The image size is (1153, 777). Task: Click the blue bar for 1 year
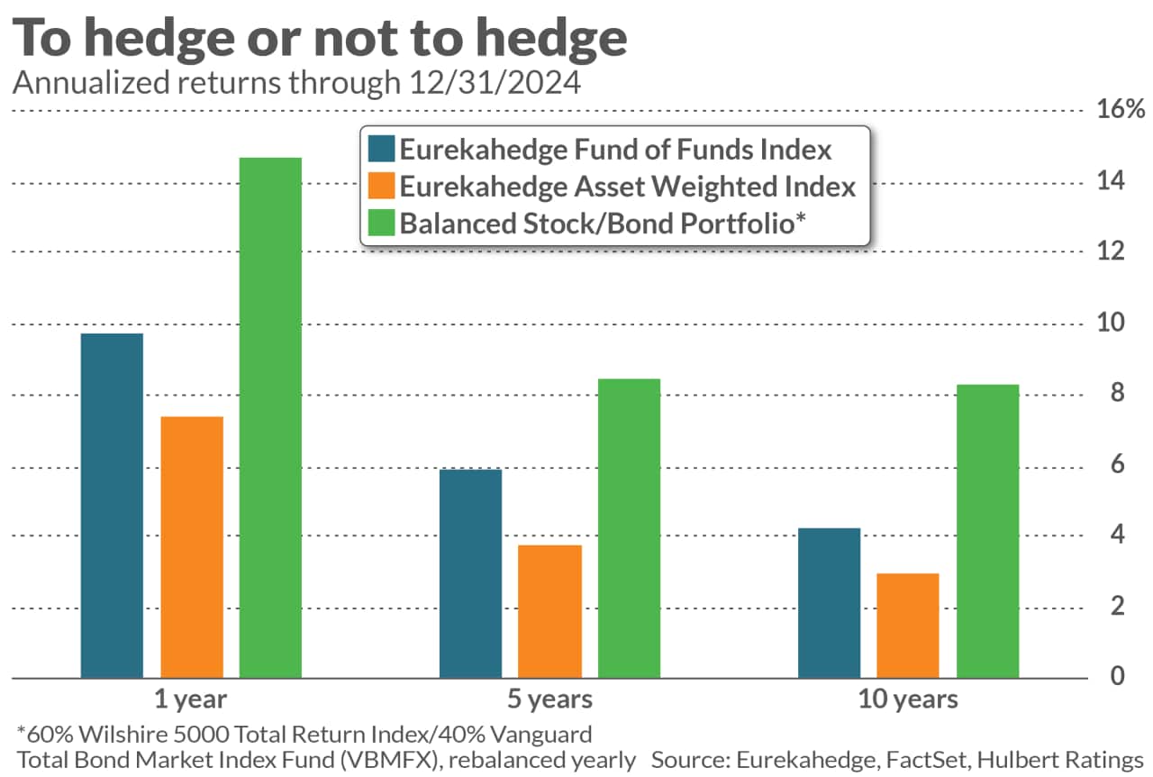click(112, 506)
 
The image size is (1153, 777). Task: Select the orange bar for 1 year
click(192, 547)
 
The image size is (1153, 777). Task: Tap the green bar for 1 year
click(271, 417)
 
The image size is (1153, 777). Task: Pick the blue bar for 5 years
click(470, 573)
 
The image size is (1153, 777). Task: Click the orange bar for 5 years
click(550, 611)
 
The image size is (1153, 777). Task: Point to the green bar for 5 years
click(629, 528)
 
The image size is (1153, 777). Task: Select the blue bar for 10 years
click(830, 602)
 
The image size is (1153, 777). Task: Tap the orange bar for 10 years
click(909, 626)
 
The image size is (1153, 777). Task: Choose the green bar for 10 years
click(988, 531)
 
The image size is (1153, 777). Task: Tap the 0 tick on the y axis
click(1116, 677)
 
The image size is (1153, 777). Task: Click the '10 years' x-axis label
click(910, 699)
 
